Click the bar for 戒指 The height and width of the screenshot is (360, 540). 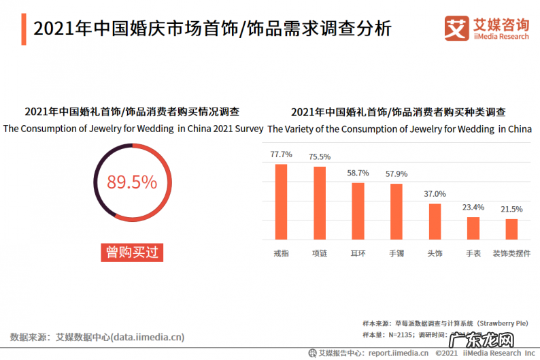[x=281, y=201]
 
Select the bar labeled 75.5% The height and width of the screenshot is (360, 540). [x=319, y=203]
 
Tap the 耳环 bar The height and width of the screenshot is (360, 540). [x=358, y=211]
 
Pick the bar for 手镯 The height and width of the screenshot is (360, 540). [x=396, y=212]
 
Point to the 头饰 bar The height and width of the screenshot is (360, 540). [x=435, y=221]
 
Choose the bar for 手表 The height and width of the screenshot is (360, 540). [x=473, y=228]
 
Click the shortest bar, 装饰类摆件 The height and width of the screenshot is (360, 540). [x=511, y=229]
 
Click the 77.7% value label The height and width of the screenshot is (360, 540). [x=281, y=154]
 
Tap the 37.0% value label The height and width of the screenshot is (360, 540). [x=435, y=194]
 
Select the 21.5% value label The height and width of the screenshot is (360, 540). [x=511, y=209]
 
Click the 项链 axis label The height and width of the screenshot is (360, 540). [x=319, y=253]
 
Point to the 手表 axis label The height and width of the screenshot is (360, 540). [x=473, y=253]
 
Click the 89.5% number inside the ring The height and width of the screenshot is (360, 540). [x=132, y=182]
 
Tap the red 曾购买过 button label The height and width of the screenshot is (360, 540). [x=132, y=252]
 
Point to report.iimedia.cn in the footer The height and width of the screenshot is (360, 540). [x=398, y=353]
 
